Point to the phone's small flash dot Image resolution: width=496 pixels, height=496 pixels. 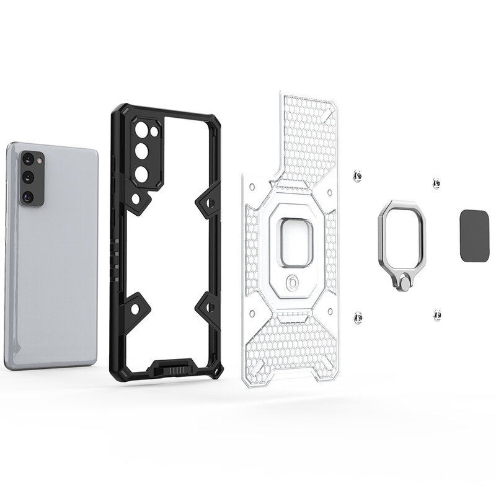point(42,160)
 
